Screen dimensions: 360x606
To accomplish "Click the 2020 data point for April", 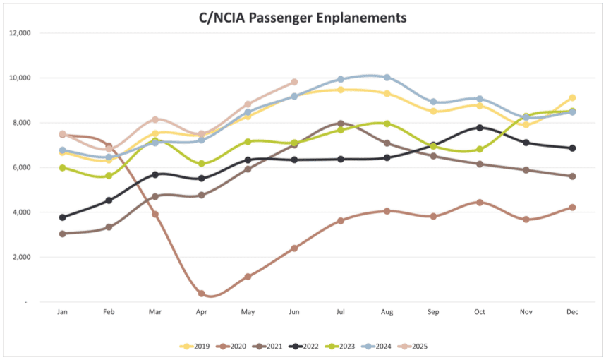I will click(202, 294).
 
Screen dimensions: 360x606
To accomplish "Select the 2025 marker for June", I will click(294, 82).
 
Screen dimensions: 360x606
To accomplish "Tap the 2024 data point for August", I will click(387, 77).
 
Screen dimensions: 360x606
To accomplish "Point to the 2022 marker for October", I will click(480, 128).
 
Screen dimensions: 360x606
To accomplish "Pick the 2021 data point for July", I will click(341, 124).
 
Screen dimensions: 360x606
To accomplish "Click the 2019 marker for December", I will click(572, 98).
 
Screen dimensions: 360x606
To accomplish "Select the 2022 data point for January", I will click(63, 217).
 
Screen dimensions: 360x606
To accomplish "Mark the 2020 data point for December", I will click(572, 208).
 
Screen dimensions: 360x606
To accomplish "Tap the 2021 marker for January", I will click(63, 234).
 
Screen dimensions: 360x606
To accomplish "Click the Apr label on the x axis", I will click(202, 311).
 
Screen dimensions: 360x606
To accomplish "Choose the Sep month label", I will click(433, 311).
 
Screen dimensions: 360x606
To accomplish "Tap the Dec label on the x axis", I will click(572, 311).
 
